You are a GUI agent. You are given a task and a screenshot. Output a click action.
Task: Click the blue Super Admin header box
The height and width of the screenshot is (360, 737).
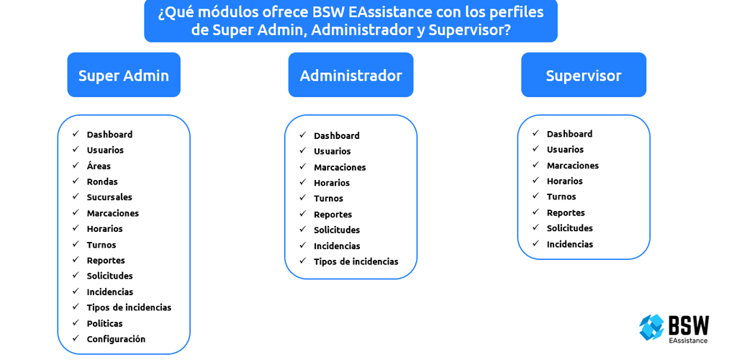coord(124,75)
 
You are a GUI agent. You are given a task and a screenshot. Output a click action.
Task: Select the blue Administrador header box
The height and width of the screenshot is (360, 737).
coord(351,75)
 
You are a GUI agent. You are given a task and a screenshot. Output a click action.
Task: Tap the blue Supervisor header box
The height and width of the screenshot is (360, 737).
coord(583,75)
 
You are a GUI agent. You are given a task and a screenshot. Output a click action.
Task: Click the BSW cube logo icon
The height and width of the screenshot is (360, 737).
coord(651,327)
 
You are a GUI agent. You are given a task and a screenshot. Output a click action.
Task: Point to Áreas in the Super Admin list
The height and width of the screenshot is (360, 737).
coord(99,166)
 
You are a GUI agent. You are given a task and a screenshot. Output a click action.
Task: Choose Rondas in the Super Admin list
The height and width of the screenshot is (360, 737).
coord(102,181)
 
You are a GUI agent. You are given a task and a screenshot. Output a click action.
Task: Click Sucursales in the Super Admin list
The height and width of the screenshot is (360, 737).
coord(109,197)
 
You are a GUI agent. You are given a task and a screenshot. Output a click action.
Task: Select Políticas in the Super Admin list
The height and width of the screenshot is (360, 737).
coord(105,323)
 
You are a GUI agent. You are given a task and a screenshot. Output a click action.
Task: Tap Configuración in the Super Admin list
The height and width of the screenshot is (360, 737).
coord(116,339)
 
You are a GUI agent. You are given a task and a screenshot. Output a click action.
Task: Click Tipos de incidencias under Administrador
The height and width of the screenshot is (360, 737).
coord(356,261)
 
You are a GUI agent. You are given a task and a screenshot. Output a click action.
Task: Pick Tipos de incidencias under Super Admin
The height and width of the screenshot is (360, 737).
coord(129,307)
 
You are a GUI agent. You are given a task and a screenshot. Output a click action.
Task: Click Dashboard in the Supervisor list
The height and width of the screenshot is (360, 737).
coord(569,134)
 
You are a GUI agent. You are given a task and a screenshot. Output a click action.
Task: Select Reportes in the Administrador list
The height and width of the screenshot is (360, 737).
coord(333,215)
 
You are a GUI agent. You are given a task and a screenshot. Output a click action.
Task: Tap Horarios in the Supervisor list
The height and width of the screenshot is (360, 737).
coord(564,181)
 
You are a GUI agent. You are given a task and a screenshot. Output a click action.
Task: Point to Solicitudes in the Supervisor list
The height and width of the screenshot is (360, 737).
coord(570,228)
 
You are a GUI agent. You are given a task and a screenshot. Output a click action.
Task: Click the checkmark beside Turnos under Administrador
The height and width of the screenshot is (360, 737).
coord(303,198)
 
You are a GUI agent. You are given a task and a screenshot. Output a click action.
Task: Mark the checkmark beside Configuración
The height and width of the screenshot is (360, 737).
coord(76,338)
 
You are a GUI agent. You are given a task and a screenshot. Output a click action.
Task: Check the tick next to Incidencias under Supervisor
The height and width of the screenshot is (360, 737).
coord(535,243)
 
